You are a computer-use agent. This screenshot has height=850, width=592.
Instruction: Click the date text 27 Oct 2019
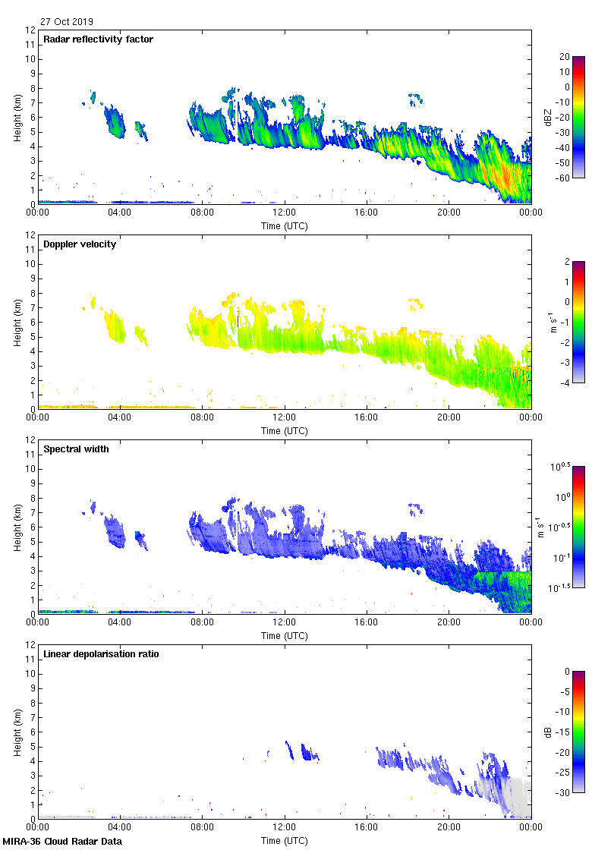[67, 22]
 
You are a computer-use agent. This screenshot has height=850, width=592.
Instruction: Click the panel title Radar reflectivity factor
[99, 39]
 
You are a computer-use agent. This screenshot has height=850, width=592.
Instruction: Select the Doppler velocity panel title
[80, 244]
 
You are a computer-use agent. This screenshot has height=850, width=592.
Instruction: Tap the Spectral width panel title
[77, 449]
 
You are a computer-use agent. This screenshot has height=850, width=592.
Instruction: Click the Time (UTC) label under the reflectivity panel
[285, 226]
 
